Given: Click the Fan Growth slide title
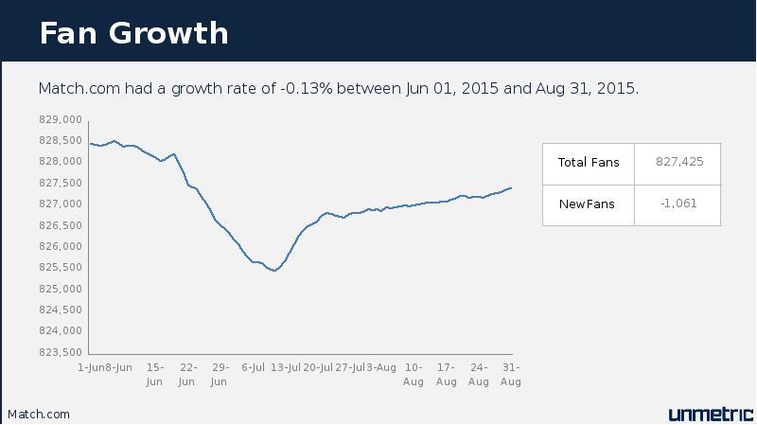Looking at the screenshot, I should pyautogui.click(x=133, y=32).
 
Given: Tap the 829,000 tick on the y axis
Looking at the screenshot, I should pyautogui.click(x=62, y=119).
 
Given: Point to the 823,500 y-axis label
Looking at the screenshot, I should pyautogui.click(x=62, y=352).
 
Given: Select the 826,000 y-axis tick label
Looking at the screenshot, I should pyautogui.click(x=62, y=246).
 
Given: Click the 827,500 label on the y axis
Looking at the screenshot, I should pyautogui.click(x=62, y=183).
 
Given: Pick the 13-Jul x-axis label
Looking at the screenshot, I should pyautogui.click(x=286, y=367).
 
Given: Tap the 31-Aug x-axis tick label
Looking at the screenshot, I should pyautogui.click(x=511, y=374).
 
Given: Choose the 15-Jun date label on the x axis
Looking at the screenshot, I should pyautogui.click(x=155, y=374).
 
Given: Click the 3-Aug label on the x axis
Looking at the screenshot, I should pyautogui.click(x=381, y=367).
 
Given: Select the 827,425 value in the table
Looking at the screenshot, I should pyautogui.click(x=678, y=162).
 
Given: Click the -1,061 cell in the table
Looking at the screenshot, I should pyautogui.click(x=678, y=204).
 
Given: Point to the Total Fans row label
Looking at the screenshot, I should pyautogui.click(x=589, y=162).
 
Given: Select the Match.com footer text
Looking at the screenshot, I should pyautogui.click(x=39, y=415).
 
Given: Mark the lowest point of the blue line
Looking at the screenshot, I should pyautogui.click(x=274, y=271).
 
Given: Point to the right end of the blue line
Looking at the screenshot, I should pyautogui.click(x=512, y=187).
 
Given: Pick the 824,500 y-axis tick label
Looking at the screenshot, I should pyautogui.click(x=62, y=310).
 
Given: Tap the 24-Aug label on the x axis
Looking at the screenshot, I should pyautogui.click(x=479, y=374).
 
